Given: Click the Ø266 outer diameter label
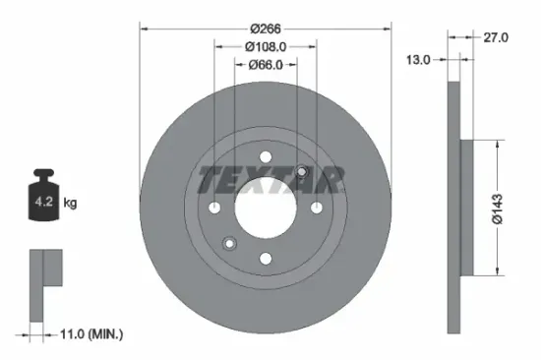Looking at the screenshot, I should pyautogui.click(x=266, y=29).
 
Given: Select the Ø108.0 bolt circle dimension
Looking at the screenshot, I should pyautogui.click(x=265, y=46).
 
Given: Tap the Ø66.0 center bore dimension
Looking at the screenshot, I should pyautogui.click(x=265, y=65).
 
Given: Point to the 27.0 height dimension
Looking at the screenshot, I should pyautogui.click(x=498, y=37).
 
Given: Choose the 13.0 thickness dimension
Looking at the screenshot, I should pyautogui.click(x=419, y=60).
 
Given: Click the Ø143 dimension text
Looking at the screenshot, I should pyautogui.click(x=499, y=207).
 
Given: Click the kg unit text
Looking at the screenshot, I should pyautogui.click(x=71, y=203).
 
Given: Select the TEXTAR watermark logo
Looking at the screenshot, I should pyautogui.click(x=271, y=180).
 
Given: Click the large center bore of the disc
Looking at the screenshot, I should pyautogui.click(x=266, y=208).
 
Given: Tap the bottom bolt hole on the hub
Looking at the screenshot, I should pyautogui.click(x=266, y=259).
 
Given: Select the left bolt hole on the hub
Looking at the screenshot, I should pyautogui.click(x=215, y=208).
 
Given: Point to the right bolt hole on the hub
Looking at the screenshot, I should pyautogui.click(x=316, y=208).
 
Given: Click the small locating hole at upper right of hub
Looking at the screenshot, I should pyautogui.click(x=302, y=173).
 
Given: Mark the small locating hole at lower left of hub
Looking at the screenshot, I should pyautogui.click(x=229, y=243).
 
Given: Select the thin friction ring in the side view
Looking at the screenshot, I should pyautogui.click(x=454, y=207).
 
